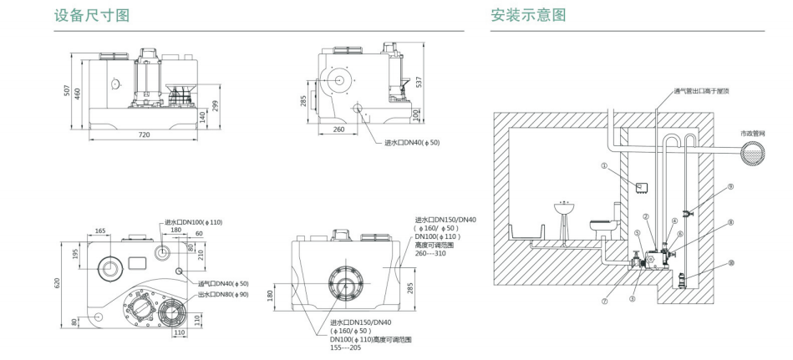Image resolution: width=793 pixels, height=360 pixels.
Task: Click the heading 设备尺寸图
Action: (x=92, y=15)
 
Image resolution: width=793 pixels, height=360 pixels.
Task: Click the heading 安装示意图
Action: (x=528, y=15)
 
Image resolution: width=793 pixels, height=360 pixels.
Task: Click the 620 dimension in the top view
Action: (x=57, y=283)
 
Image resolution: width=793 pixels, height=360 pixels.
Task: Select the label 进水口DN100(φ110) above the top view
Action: (x=193, y=221)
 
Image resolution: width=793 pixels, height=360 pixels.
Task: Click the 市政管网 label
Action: (x=751, y=134)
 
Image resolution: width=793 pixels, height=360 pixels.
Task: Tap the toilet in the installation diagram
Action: (x=602, y=224)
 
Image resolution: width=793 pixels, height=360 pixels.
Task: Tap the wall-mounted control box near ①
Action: (x=641, y=186)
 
